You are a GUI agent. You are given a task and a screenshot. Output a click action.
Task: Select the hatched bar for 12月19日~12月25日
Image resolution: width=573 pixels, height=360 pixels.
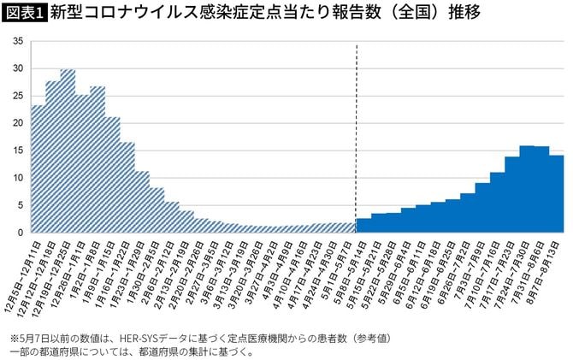[68, 154]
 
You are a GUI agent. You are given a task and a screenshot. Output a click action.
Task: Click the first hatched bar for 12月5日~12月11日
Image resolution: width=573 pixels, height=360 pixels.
[38, 171]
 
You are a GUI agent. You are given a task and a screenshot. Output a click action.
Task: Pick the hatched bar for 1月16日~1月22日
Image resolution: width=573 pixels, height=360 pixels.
[127, 188]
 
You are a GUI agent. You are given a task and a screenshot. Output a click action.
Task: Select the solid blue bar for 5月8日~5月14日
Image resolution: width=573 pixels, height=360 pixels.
[363, 227]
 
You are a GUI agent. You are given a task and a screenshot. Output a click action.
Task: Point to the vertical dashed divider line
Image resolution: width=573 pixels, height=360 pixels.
[356, 137]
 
